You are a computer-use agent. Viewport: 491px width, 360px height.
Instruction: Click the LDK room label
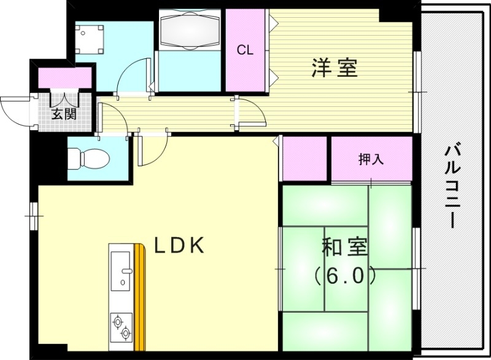click(179, 246)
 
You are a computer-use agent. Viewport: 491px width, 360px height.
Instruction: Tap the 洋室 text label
click(334, 68)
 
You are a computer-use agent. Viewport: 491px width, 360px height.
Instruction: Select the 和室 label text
click(345, 248)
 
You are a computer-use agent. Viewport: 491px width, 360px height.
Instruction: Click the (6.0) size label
click(345, 277)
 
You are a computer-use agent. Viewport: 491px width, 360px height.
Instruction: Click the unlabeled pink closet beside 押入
click(304, 158)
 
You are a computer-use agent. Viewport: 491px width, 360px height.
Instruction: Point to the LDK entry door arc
click(153, 151)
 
